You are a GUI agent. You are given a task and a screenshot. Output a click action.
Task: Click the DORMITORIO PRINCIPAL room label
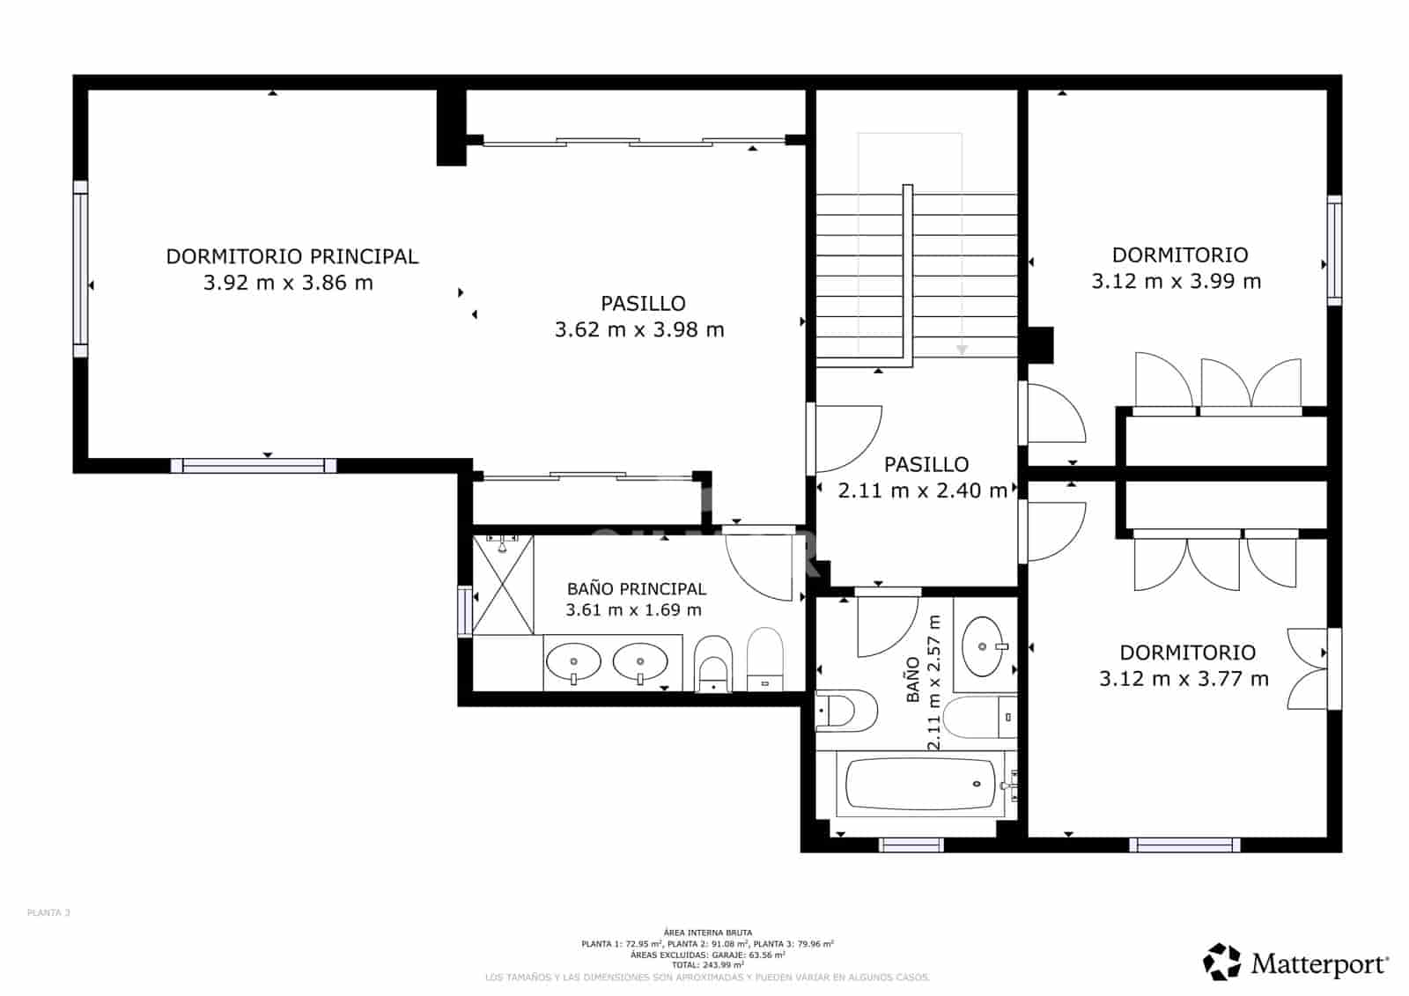(x=291, y=256)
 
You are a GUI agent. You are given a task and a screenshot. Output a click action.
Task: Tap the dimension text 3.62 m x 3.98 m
(x=639, y=330)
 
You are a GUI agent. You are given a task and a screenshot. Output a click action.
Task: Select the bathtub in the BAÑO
(x=920, y=784)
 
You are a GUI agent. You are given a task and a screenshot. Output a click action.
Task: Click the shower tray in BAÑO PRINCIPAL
(x=503, y=585)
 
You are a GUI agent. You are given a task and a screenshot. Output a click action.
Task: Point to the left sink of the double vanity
(x=573, y=661)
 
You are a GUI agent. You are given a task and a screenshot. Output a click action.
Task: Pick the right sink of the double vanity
(x=640, y=661)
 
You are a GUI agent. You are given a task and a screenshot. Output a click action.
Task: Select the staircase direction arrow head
(x=962, y=350)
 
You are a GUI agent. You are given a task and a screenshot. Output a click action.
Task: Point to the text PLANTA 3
(x=48, y=913)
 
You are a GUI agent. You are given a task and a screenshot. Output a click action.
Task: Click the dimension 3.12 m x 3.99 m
(x=1177, y=282)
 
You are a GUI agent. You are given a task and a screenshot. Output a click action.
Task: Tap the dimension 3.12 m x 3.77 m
(x=1184, y=679)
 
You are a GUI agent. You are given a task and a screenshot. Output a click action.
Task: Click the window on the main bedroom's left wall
(x=80, y=269)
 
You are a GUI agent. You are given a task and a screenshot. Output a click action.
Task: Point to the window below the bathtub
(x=911, y=845)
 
